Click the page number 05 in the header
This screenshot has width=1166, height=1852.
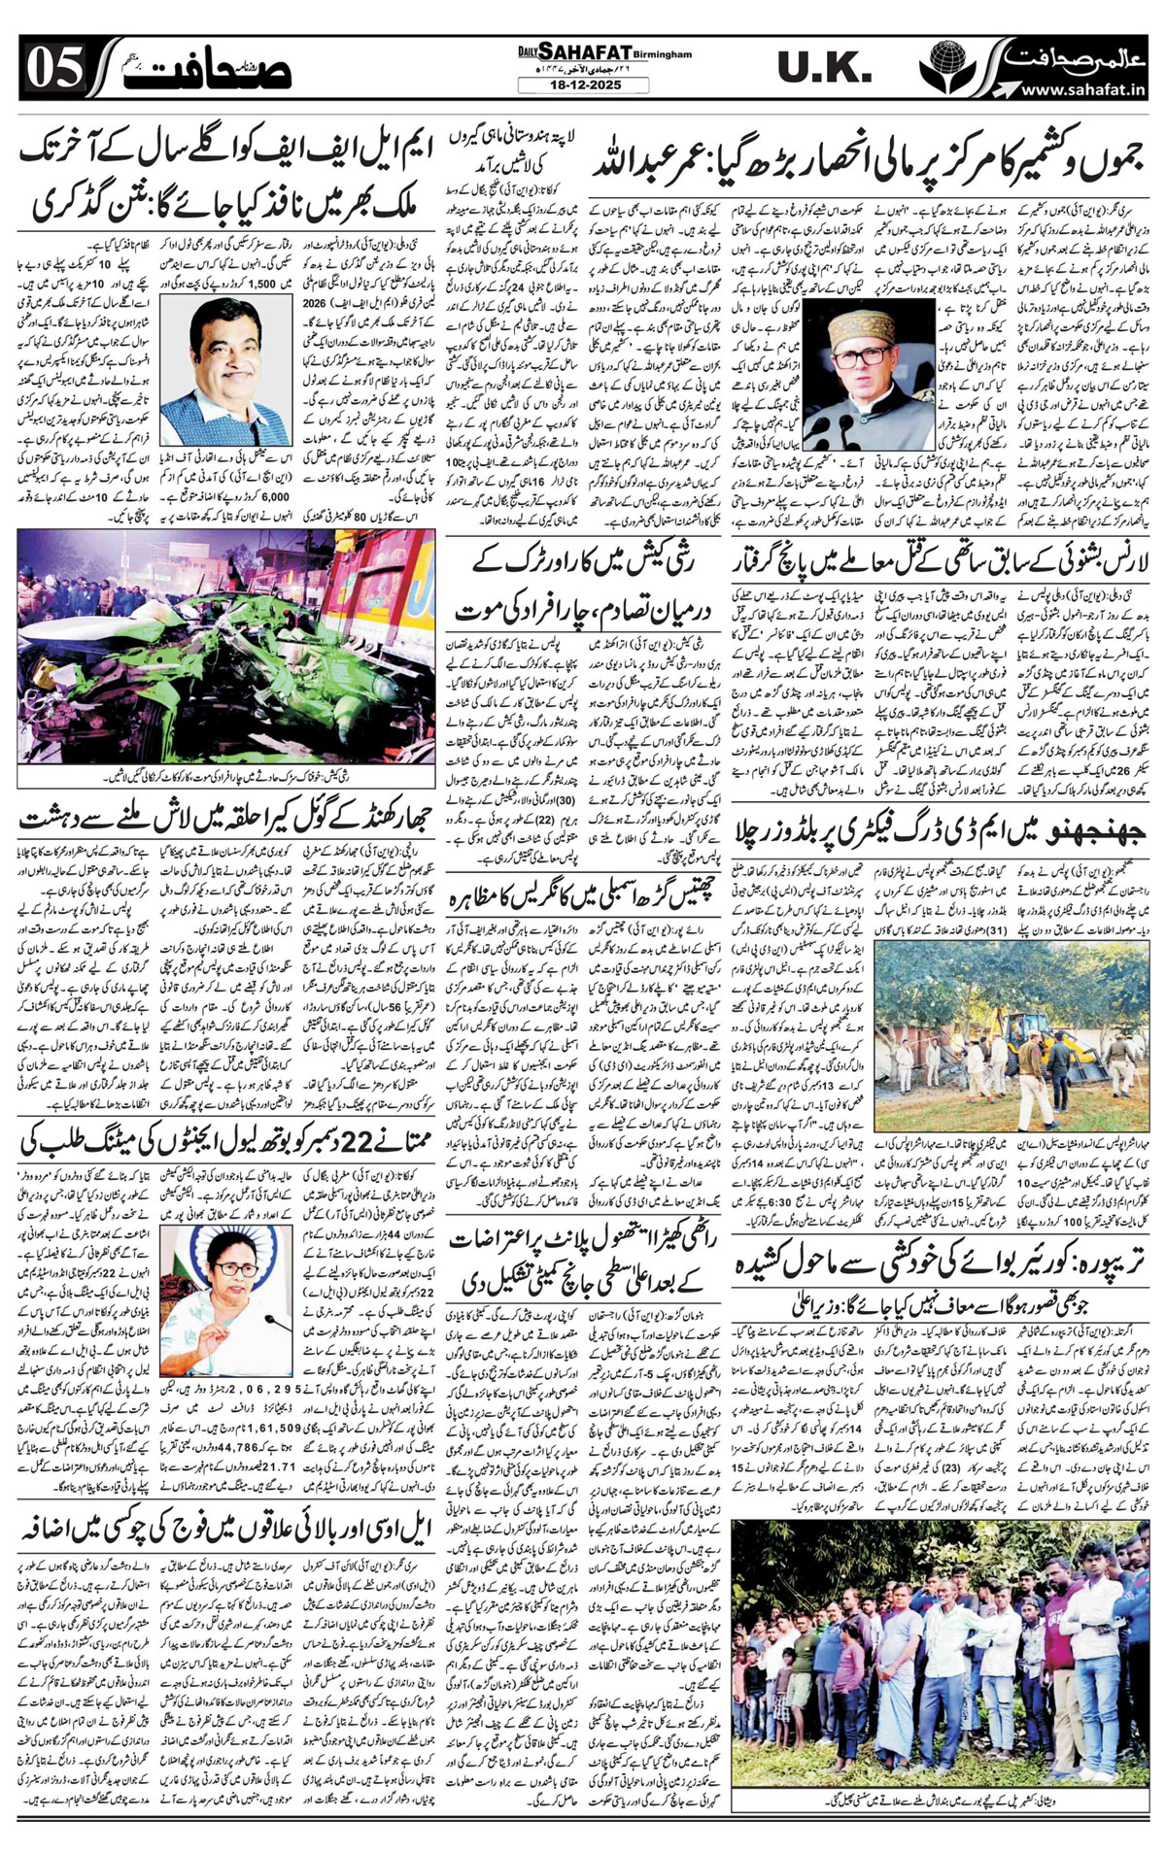pos(53,69)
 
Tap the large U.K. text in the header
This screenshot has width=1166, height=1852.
pos(824,67)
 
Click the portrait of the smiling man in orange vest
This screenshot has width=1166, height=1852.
pos(229,370)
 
